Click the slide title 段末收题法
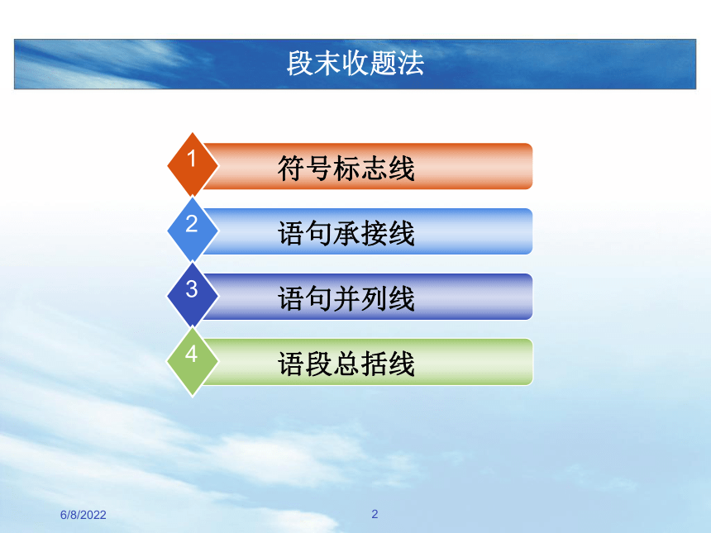(x=355, y=63)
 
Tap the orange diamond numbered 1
(x=193, y=165)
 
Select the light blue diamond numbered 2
(x=193, y=231)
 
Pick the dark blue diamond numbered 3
(x=193, y=296)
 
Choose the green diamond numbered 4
(x=193, y=361)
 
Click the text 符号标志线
(x=346, y=168)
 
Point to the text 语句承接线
(x=346, y=233)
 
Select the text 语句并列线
(x=346, y=298)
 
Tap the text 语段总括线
(x=346, y=364)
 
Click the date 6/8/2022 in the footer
(x=83, y=515)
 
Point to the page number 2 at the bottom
(x=375, y=514)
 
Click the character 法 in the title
(x=411, y=63)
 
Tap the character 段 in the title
(x=300, y=63)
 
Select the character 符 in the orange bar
(x=291, y=168)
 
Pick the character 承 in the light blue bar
(x=346, y=233)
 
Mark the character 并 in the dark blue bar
(x=346, y=298)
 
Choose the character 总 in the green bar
(x=346, y=364)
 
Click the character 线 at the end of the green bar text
(x=401, y=364)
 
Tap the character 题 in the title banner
(x=383, y=63)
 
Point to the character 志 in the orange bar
(x=374, y=168)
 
